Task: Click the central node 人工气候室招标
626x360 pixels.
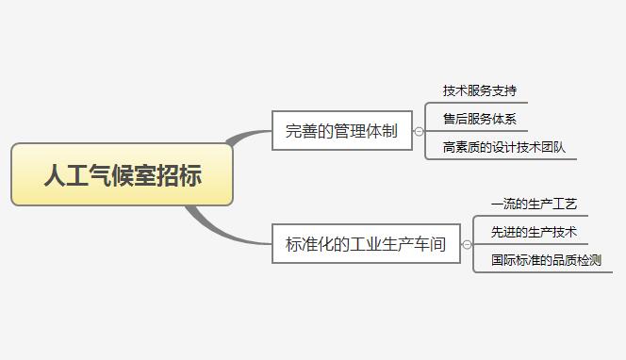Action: (x=122, y=174)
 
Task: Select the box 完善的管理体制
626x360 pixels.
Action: (x=341, y=131)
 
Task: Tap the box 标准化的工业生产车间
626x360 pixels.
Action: (x=366, y=244)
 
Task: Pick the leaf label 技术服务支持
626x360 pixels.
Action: (x=479, y=91)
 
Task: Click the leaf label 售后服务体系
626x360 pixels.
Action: (x=479, y=120)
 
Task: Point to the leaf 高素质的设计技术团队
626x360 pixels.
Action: (x=503, y=148)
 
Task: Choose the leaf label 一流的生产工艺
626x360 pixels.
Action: (x=533, y=204)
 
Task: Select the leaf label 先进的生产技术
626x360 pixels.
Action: (x=533, y=232)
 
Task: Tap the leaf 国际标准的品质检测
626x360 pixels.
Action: (x=545, y=260)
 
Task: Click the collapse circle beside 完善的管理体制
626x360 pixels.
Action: (x=419, y=132)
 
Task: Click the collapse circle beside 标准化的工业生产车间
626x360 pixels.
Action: (x=467, y=245)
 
